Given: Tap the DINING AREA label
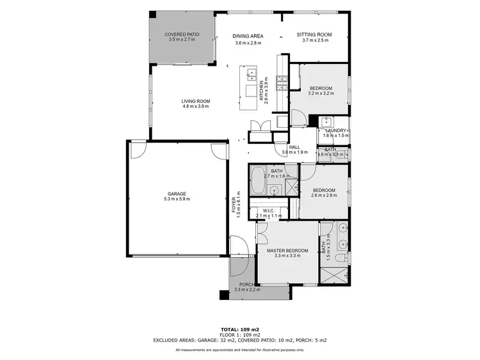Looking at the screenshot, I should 248,36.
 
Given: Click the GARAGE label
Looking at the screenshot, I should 177,194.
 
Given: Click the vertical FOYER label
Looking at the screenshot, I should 234,207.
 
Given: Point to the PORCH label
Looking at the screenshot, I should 246,285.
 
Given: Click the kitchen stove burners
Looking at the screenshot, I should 280,81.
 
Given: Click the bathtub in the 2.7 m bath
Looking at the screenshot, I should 259,182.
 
